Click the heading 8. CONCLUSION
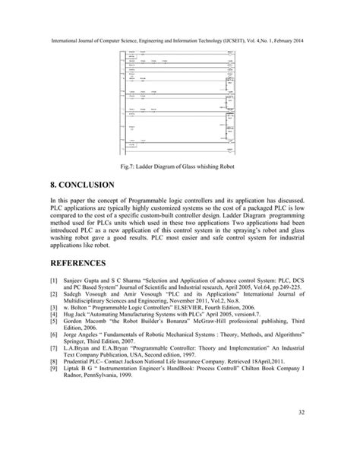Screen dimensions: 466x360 click(x=72, y=185)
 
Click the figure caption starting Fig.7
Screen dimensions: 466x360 click(x=179, y=165)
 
